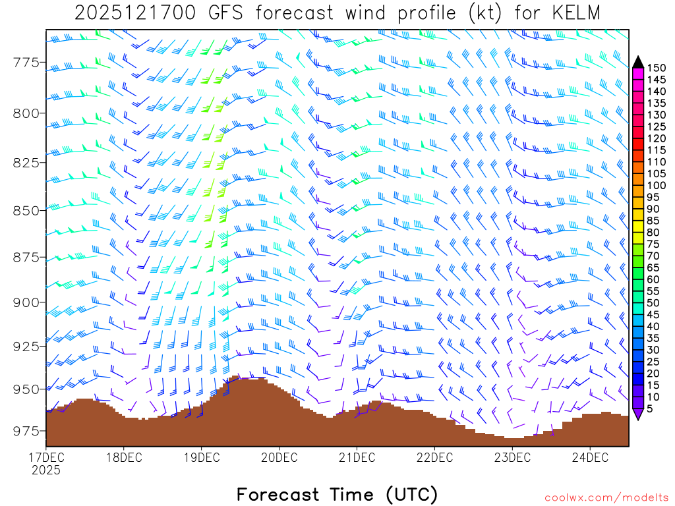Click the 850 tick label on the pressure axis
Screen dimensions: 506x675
click(x=25, y=210)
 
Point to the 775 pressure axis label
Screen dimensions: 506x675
click(x=25, y=63)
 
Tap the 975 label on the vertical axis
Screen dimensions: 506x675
click(x=25, y=431)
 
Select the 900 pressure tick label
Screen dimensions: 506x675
click(x=25, y=302)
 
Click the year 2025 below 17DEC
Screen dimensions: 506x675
click(x=45, y=470)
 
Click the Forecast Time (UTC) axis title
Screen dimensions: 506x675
click(x=337, y=494)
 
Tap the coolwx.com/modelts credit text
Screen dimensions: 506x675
click(x=606, y=497)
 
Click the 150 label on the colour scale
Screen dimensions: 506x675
click(x=657, y=68)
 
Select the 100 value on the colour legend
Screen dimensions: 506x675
click(x=657, y=185)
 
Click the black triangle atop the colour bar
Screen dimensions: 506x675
click(x=638, y=62)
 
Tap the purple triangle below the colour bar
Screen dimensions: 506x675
click(x=638, y=414)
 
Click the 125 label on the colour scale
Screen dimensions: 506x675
click(x=657, y=126)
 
